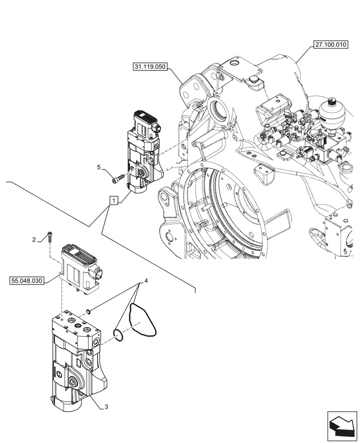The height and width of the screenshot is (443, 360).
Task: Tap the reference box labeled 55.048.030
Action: [27, 281]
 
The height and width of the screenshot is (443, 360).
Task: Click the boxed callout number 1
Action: [114, 201]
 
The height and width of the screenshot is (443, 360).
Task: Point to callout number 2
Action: [33, 240]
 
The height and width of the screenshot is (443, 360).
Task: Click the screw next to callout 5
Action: [117, 179]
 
